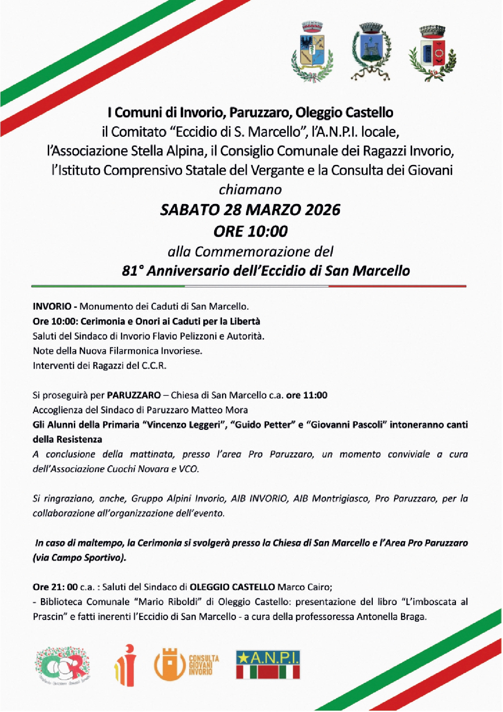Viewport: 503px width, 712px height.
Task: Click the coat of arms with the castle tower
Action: [x=370, y=51]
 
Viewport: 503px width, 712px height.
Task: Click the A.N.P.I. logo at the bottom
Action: [x=268, y=665]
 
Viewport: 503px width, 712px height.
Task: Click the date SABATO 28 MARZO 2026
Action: [x=250, y=210]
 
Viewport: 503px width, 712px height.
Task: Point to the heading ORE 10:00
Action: [x=250, y=231]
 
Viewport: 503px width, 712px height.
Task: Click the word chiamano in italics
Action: [x=250, y=190]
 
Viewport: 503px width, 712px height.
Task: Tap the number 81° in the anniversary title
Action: [x=133, y=271]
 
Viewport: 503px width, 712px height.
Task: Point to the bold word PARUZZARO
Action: [x=134, y=395]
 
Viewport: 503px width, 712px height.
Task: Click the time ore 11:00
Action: [x=307, y=395]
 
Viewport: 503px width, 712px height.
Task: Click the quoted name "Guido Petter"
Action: [x=262, y=425]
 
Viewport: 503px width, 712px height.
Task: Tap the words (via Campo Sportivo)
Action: [x=80, y=558]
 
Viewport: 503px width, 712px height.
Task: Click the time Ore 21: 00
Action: [x=55, y=587]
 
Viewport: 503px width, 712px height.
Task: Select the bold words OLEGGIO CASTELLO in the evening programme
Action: [x=232, y=587]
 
